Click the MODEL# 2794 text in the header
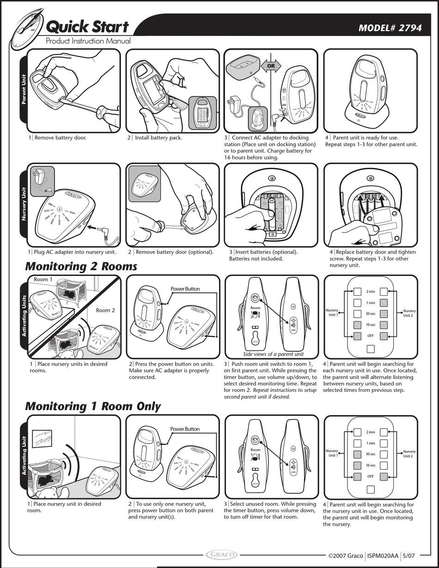tap(390, 28)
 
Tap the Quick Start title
tap(87, 27)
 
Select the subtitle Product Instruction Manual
tap(88, 41)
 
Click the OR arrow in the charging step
tap(271, 66)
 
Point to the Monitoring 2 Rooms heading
tap(81, 266)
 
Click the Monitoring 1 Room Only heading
tap(92, 406)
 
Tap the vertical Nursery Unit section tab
tap(24, 204)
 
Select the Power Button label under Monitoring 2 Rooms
tap(185, 289)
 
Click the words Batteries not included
tap(256, 259)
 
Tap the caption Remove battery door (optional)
tap(171, 252)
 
